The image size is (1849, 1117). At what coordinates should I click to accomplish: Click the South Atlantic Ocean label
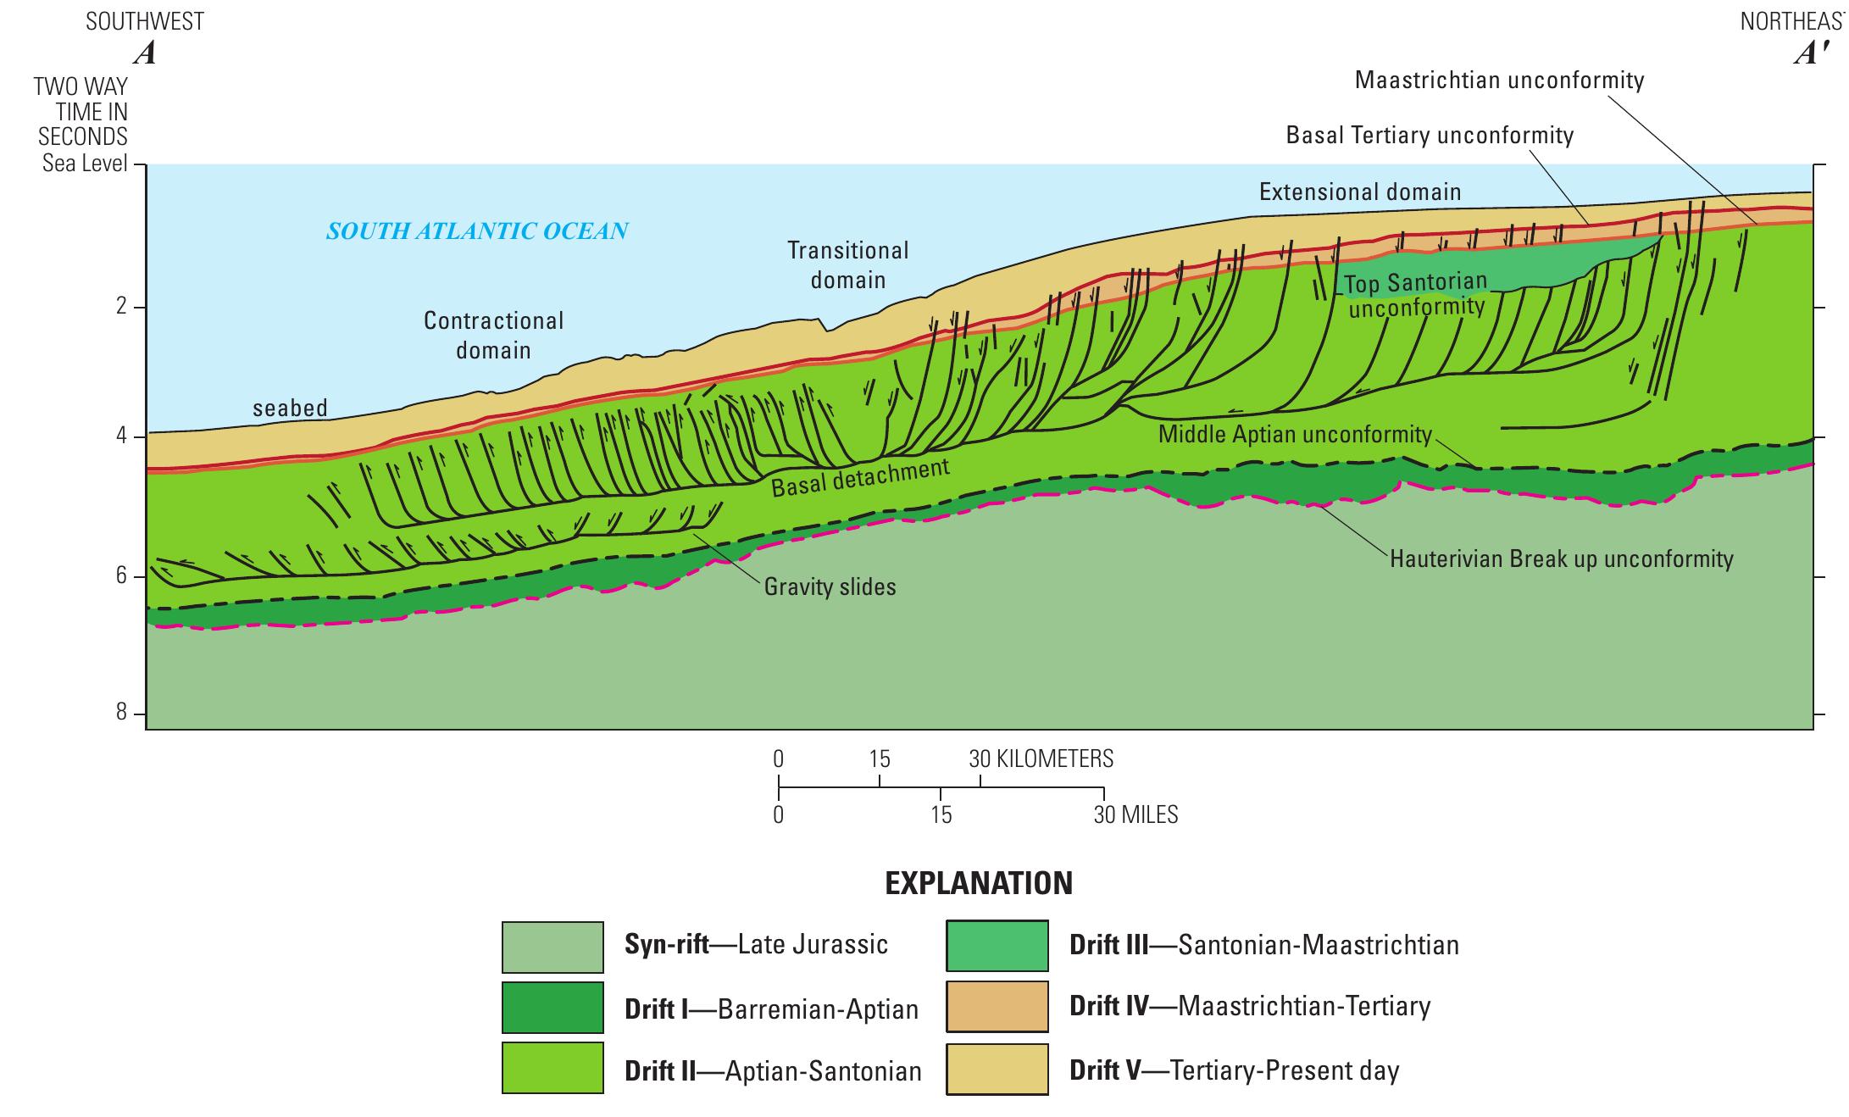477,231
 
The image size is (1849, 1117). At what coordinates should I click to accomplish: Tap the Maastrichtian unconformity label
1499,81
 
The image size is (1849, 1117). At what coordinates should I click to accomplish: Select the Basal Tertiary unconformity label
1430,136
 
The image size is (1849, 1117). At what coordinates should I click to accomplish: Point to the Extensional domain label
1360,192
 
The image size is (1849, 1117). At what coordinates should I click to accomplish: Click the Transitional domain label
847,264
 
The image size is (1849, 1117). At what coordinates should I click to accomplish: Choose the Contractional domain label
493,335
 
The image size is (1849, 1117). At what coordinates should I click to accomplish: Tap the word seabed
290,408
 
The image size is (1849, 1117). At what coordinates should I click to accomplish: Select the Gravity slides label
830,586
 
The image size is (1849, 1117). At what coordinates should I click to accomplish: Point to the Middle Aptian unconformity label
1295,435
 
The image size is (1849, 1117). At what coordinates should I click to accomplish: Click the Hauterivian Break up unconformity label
1561,559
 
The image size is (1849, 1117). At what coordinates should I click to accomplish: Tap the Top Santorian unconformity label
1416,293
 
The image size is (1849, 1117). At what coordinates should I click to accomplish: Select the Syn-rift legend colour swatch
552,947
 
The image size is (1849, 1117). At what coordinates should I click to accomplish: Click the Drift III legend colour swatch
997,946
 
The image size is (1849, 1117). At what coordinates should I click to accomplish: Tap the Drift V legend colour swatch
997,1070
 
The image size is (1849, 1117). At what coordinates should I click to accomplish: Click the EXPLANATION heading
979,884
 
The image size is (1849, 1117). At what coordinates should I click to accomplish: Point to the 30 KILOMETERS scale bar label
1041,759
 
